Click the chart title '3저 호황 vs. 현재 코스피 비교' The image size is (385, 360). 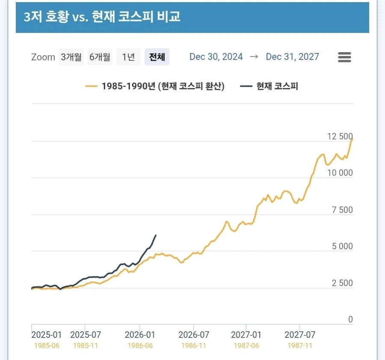pyautogui.click(x=102, y=17)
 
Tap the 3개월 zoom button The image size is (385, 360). pyautogui.click(x=71, y=57)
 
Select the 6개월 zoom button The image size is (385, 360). pyautogui.click(x=100, y=57)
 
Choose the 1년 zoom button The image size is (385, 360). pyautogui.click(x=128, y=57)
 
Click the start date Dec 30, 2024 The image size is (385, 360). pyautogui.click(x=216, y=57)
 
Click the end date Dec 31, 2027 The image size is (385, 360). pyautogui.click(x=292, y=57)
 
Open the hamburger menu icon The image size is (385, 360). pyautogui.click(x=344, y=57)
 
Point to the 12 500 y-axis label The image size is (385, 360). pyautogui.click(x=340, y=137)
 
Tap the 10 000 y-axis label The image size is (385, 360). pyautogui.click(x=340, y=173)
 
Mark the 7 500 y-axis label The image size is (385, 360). pyautogui.click(x=342, y=210)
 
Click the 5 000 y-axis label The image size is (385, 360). pyautogui.click(x=342, y=246)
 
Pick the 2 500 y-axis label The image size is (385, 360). pyautogui.click(x=342, y=283)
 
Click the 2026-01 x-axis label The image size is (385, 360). pyautogui.click(x=140, y=334)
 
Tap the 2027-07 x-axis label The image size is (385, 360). pyautogui.click(x=300, y=334)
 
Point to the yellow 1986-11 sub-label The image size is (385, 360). pyautogui.click(x=194, y=345)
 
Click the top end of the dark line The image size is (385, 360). pyautogui.click(x=156, y=235)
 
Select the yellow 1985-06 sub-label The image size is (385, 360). pyautogui.click(x=46, y=345)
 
